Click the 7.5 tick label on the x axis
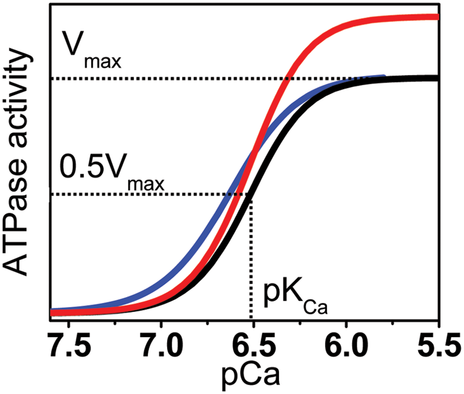tap(69, 345)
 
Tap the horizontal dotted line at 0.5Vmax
tap(150, 195)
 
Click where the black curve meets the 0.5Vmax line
tap(249, 195)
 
